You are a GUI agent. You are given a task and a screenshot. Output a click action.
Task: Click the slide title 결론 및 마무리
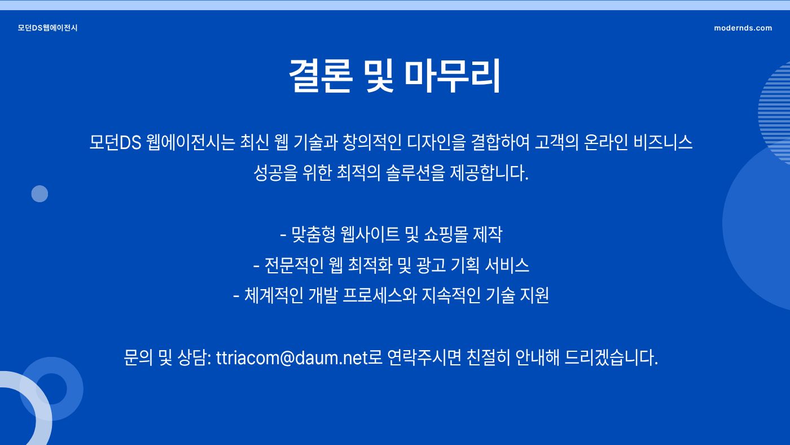coord(394,76)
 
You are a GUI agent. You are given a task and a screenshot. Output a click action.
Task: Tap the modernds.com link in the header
coord(743,28)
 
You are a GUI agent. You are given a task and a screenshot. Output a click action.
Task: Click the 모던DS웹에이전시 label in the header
coord(47,28)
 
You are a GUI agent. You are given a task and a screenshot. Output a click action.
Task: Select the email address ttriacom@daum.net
coord(292,357)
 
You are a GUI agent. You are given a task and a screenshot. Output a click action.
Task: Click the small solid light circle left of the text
coord(39,194)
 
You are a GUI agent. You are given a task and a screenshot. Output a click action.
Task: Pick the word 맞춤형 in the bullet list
coord(313,234)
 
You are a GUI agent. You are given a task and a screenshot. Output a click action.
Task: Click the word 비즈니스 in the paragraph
coord(663,142)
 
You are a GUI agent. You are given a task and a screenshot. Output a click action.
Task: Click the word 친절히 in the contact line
coord(488,357)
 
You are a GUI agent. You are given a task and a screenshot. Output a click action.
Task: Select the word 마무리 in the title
coord(452,76)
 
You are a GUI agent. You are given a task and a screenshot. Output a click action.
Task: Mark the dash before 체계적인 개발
coord(236,296)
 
